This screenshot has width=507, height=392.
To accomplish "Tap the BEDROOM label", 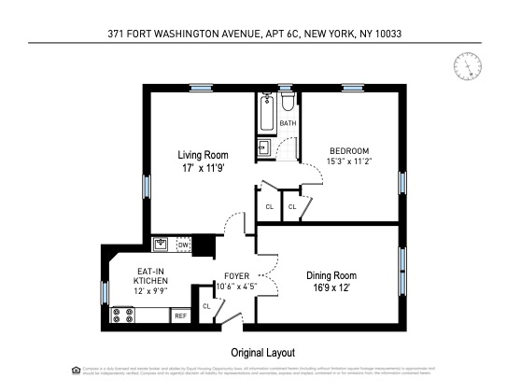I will click(x=348, y=150).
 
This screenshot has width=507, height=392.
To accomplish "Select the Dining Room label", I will click(x=331, y=275).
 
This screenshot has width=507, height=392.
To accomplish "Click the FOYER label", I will click(x=235, y=276).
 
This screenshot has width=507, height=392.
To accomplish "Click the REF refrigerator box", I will click(x=179, y=316).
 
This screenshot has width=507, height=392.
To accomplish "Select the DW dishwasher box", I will click(x=184, y=245).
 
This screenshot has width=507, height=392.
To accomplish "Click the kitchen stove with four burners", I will click(x=120, y=315).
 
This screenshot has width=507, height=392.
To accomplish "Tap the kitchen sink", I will click(x=162, y=245).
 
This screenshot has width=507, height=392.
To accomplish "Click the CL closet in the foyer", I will click(x=206, y=306).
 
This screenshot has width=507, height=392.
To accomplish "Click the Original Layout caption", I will click(x=262, y=353).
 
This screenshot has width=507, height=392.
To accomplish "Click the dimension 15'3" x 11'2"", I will click(x=348, y=161).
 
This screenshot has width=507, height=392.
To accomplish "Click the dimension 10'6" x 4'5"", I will click(x=235, y=287).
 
